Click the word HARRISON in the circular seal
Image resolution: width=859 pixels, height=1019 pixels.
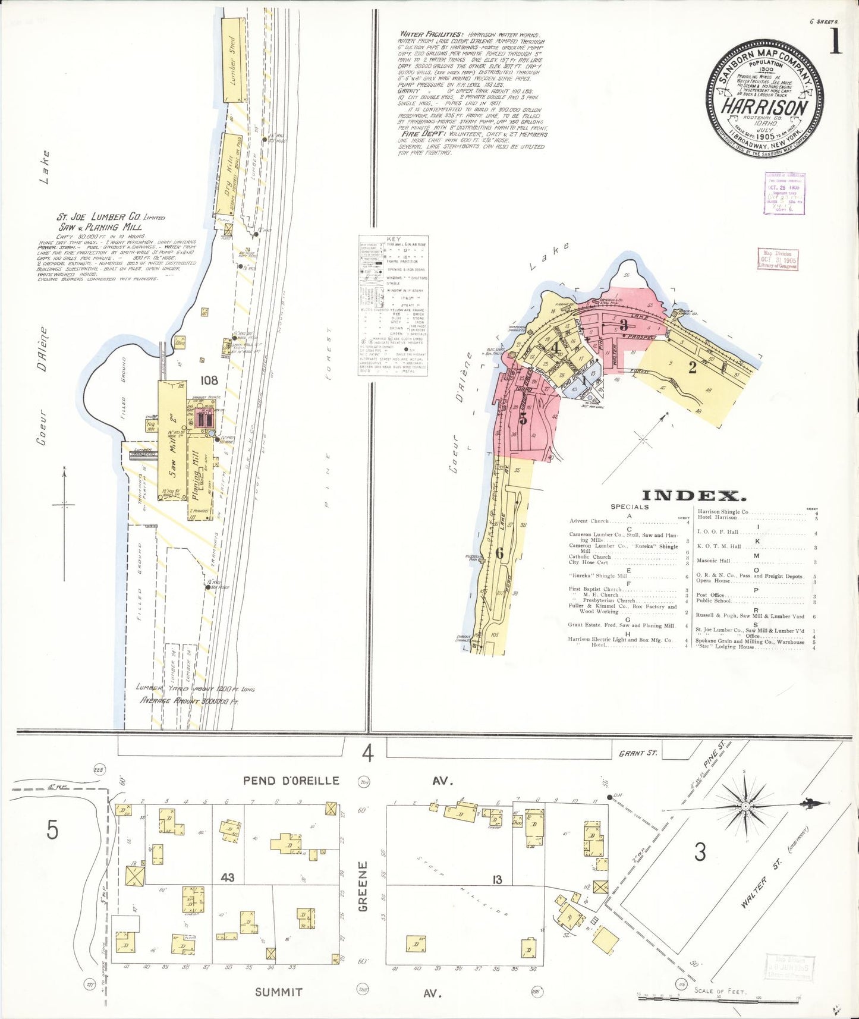click(x=764, y=108)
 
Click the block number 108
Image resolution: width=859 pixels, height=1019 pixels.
click(x=209, y=380)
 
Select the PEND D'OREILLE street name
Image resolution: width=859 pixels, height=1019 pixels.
click(x=291, y=781)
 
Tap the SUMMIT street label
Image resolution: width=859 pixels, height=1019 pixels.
click(x=279, y=992)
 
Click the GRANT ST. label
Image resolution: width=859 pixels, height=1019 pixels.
click(x=638, y=753)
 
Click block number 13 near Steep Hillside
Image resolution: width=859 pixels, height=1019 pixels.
click(x=497, y=880)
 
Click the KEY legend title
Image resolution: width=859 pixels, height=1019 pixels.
click(x=393, y=239)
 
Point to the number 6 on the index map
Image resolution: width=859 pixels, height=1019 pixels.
click(x=499, y=553)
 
